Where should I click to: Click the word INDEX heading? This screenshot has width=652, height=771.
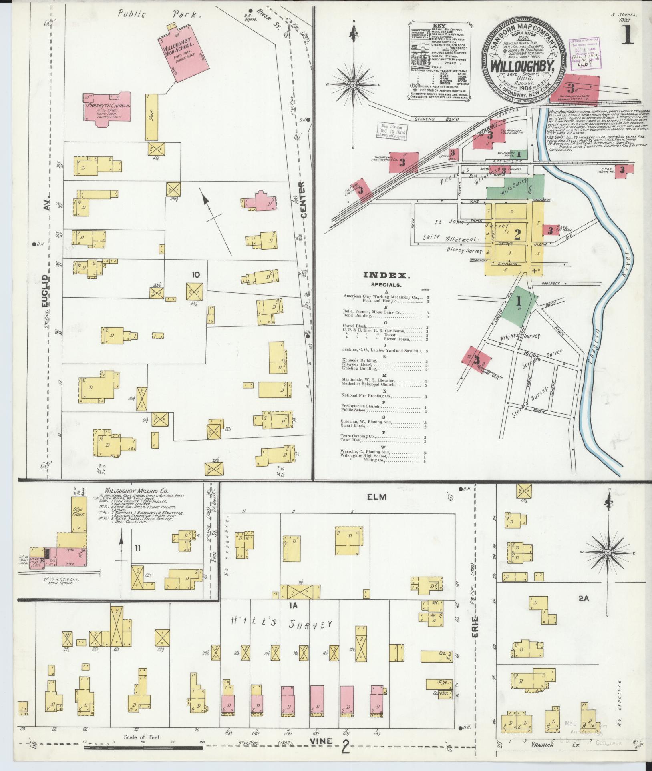coord(386,275)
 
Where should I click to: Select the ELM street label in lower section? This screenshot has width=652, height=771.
coord(377,497)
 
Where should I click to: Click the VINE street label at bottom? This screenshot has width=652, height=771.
coord(321,742)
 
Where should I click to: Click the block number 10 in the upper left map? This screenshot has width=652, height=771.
coord(195,274)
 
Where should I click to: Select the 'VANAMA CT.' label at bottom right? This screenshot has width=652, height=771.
coord(552,745)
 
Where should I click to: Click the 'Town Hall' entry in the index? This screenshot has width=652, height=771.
coord(351,441)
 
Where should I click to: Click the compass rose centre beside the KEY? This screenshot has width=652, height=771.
coord(353,85)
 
